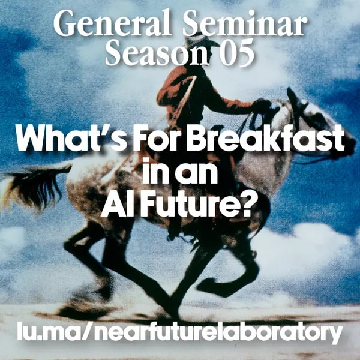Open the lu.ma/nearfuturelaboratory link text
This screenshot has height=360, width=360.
180,332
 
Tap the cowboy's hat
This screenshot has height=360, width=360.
198,43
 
